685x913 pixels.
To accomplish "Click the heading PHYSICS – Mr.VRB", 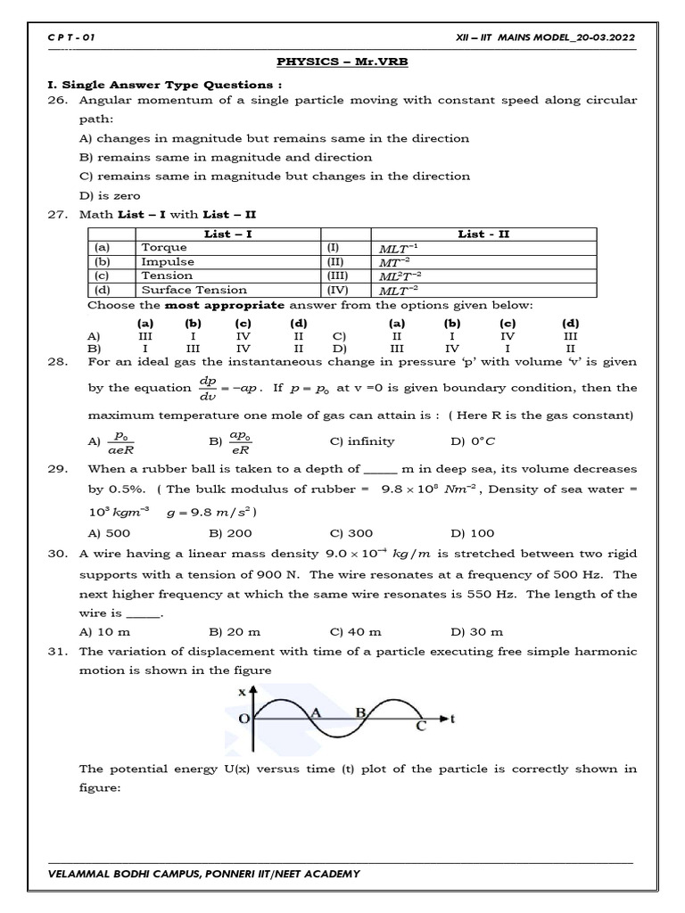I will click(x=342, y=62).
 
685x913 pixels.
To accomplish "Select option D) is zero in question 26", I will click(x=110, y=195).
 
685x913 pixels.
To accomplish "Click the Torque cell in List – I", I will click(x=164, y=247).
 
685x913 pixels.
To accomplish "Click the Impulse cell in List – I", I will click(x=167, y=261).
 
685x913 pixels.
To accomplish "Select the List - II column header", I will click(x=484, y=234).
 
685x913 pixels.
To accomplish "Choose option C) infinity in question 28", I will click(x=361, y=441).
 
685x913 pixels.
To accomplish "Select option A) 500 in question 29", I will click(x=104, y=533).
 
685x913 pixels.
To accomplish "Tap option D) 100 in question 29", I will click(x=472, y=533).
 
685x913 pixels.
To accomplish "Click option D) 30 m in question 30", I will click(x=477, y=631).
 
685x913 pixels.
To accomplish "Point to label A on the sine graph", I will click(x=314, y=712).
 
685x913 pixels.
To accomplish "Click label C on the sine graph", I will click(x=421, y=727).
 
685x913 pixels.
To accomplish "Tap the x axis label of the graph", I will click(x=243, y=692).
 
